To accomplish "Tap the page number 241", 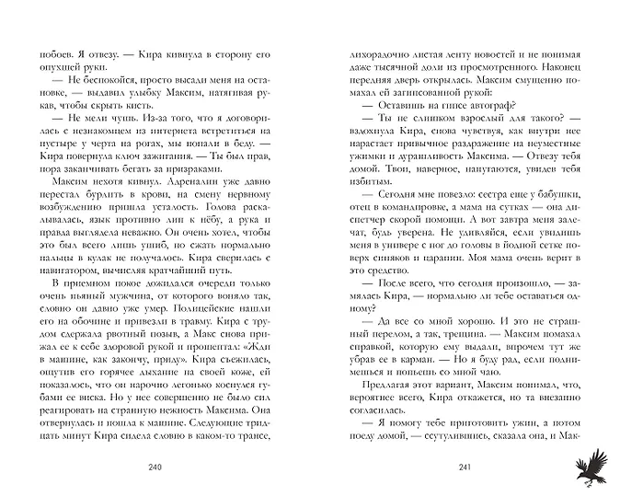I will [x=464, y=469].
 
